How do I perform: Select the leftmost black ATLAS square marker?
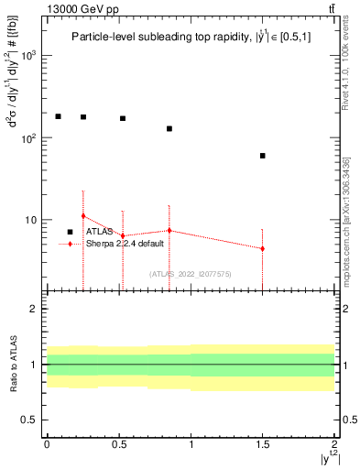click(58, 116)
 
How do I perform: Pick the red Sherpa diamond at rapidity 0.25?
click(83, 216)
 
